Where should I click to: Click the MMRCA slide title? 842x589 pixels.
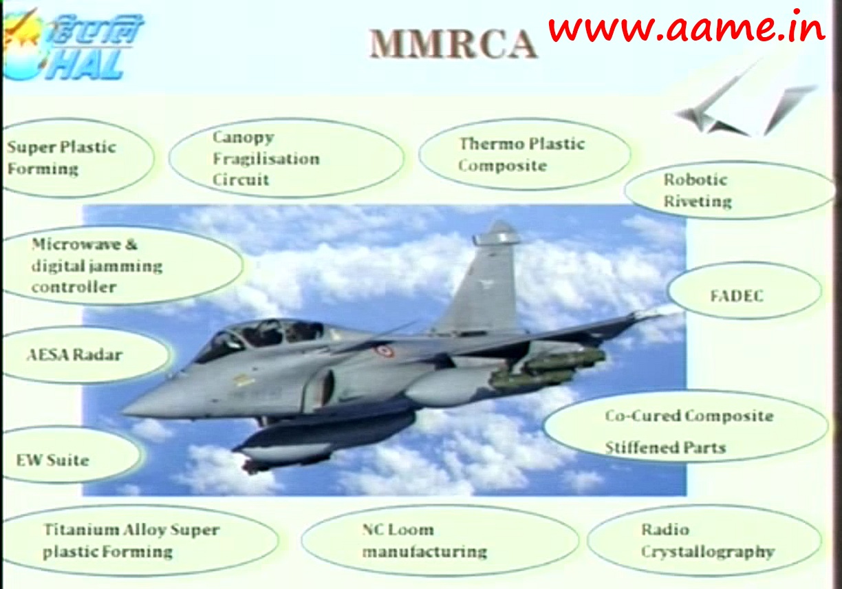click(453, 44)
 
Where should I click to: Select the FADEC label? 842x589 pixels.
click(737, 296)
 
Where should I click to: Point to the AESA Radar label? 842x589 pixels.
click(75, 355)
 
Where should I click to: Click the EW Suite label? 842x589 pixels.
click(52, 460)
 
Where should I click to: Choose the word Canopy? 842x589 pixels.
click(244, 138)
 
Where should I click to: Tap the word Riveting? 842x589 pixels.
click(698, 202)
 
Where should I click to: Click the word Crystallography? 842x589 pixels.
click(708, 552)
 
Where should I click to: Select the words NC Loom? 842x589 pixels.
click(398, 530)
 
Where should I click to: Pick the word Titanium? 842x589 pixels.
click(80, 530)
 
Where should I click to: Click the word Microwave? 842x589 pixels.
click(76, 244)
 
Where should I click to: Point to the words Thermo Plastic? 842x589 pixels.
click(522, 144)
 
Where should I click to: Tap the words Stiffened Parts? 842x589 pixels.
click(665, 448)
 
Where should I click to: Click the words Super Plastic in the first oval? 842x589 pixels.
click(61, 147)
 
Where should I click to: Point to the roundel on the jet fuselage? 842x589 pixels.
click(384, 351)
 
